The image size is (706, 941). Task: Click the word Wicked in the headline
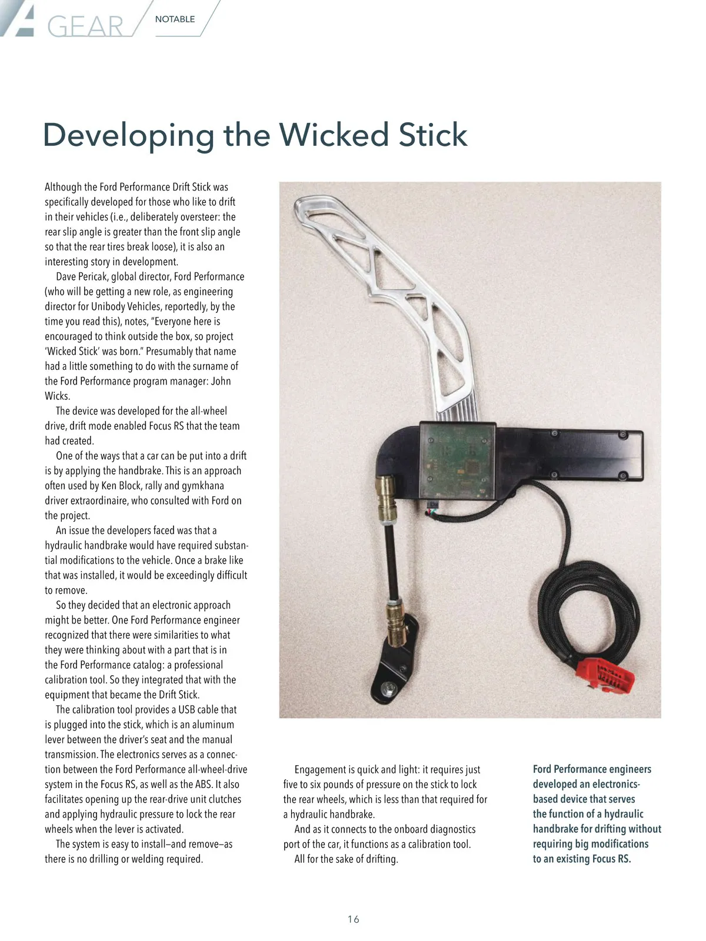coord(334,135)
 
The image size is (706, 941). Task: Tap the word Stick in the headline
coord(432,135)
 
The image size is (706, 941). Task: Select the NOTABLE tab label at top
coord(175,19)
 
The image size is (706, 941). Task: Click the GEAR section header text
coord(85,26)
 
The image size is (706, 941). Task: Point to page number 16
coord(353,919)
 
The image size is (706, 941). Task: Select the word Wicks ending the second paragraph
coord(57,396)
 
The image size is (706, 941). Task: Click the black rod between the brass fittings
coord(389,559)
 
